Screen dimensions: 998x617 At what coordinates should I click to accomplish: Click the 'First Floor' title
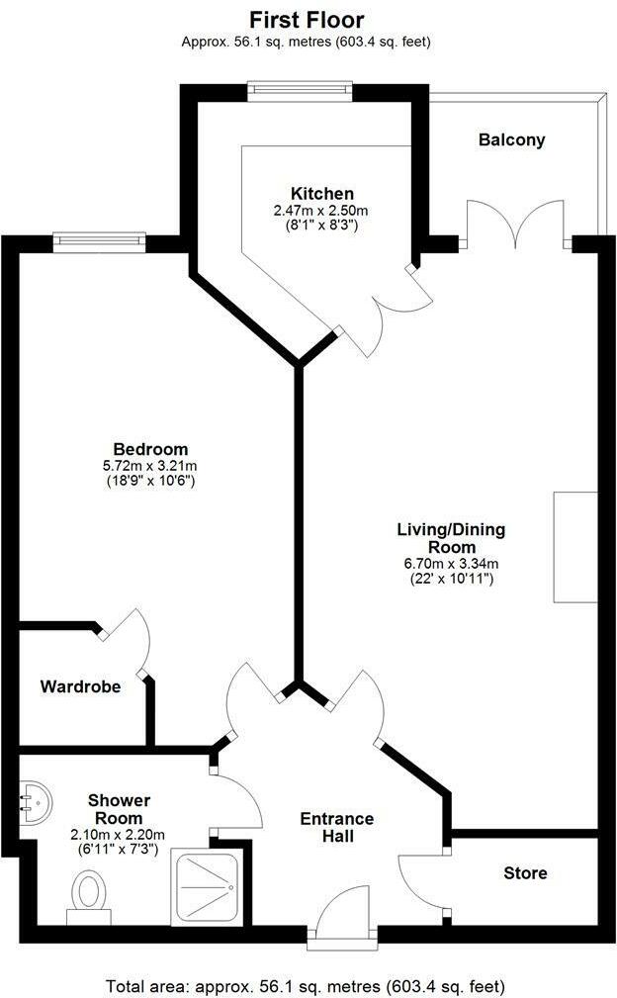(x=307, y=19)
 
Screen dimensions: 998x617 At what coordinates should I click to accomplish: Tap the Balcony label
(x=511, y=140)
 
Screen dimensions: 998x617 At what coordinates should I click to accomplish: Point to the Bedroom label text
(x=149, y=449)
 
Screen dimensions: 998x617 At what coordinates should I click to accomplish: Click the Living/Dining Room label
(x=451, y=538)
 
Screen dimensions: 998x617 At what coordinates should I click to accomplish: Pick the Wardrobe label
(x=80, y=685)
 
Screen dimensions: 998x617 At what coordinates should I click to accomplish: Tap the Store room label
(x=525, y=872)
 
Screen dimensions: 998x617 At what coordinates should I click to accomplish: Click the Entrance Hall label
(x=337, y=828)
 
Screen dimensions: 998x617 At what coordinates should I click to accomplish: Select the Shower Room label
(x=119, y=809)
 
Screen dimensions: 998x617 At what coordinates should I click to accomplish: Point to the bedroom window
(x=99, y=239)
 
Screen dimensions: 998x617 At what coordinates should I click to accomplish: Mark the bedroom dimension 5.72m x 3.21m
(x=149, y=466)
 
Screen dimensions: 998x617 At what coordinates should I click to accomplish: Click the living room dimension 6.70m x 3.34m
(x=451, y=563)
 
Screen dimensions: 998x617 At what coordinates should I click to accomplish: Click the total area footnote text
(x=307, y=986)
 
